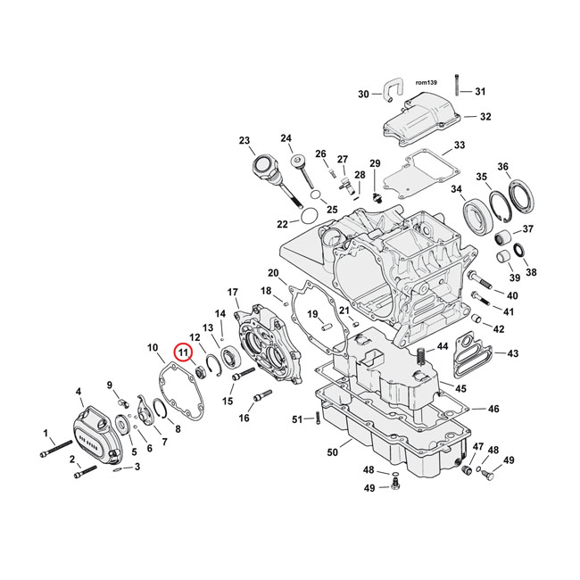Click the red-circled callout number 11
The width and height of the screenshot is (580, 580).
tap(183, 353)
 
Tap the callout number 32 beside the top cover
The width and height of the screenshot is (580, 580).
tap(485, 117)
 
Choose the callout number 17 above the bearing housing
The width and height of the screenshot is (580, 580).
tap(233, 293)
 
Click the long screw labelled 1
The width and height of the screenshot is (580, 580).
tap(58, 451)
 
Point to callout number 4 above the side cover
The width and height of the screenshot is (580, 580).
tap(79, 392)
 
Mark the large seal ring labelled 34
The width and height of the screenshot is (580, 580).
tap(476, 218)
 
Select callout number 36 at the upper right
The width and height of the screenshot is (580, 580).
tap(527, 167)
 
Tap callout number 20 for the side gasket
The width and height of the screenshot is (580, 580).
tap(273, 272)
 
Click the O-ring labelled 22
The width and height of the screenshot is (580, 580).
tap(305, 216)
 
